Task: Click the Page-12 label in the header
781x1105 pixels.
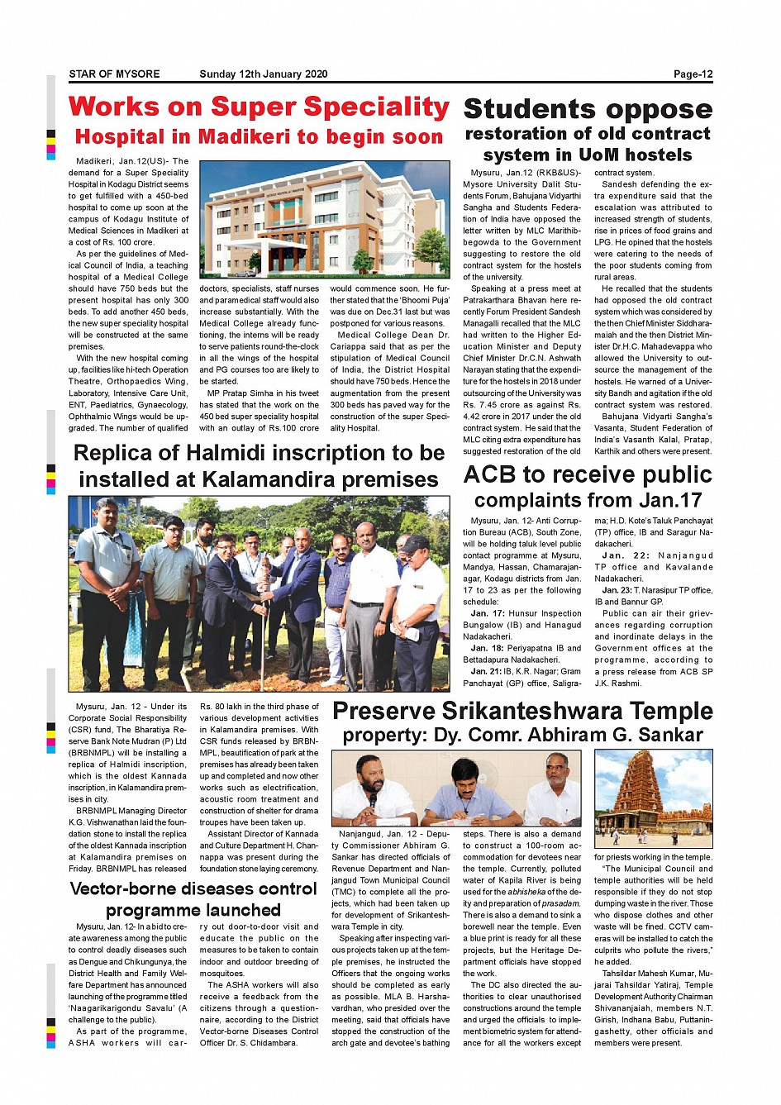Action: click(693, 74)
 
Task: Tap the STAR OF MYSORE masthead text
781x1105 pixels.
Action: click(114, 74)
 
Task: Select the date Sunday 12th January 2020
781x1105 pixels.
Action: click(263, 74)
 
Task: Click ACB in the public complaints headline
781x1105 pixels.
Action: click(491, 475)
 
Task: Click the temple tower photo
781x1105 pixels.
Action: click(654, 798)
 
